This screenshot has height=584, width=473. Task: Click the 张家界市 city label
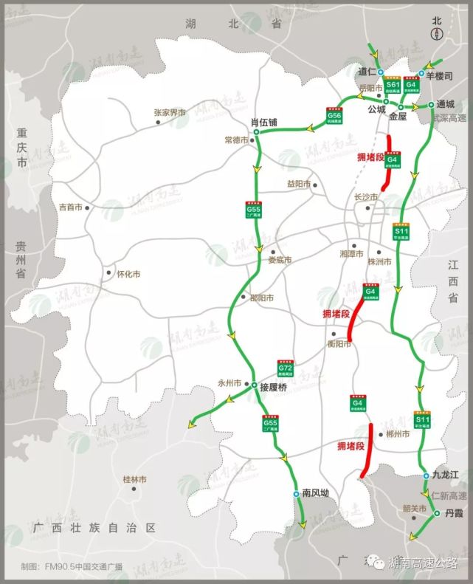[170, 113]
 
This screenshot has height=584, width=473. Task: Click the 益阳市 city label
[300, 184]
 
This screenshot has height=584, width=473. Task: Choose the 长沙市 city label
[366, 197]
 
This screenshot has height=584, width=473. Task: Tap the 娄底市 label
[280, 260]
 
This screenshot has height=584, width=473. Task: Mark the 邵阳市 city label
[261, 298]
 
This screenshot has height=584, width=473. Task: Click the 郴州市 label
[397, 435]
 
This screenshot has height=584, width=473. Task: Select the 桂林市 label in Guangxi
[135, 479]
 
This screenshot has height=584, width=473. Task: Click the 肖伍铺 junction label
[263, 123]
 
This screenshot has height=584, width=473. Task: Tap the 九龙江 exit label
[446, 475]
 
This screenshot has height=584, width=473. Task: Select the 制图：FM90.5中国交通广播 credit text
[72, 567]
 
